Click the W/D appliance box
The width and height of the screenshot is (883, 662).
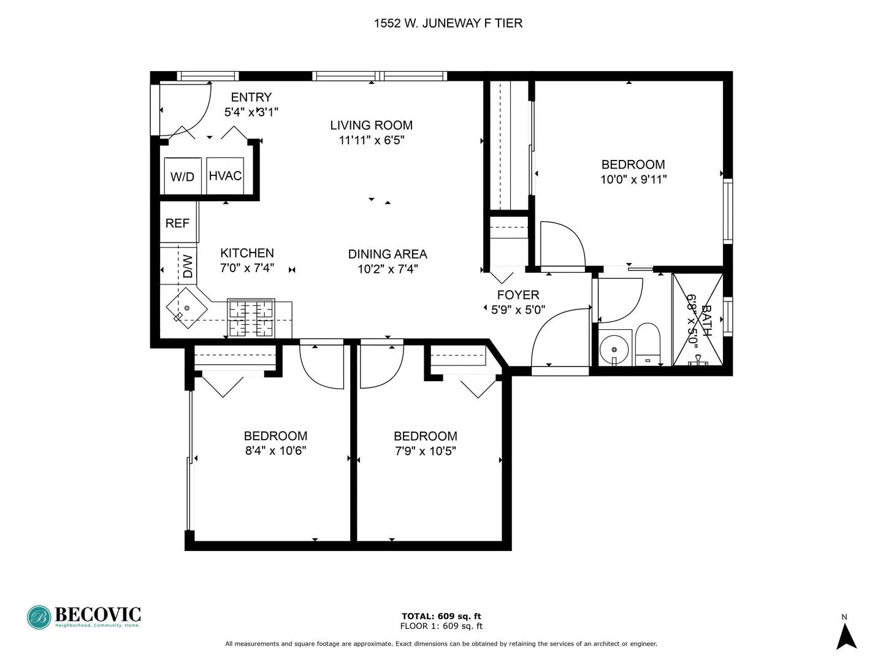(182, 177)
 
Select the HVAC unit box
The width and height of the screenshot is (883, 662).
(225, 176)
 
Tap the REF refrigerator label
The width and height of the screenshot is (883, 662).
(178, 223)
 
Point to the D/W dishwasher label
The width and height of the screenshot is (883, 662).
(188, 266)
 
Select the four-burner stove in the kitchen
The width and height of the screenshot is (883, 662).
(251, 318)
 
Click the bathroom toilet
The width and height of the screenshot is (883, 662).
(646, 344)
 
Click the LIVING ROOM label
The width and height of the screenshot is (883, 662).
(371, 125)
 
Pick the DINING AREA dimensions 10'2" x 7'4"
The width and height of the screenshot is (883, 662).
(388, 268)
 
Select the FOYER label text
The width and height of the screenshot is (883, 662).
(518, 295)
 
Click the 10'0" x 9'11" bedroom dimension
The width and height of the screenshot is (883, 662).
(633, 180)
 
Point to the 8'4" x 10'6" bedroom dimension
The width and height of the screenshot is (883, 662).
(275, 451)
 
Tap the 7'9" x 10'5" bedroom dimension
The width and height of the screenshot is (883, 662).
(425, 451)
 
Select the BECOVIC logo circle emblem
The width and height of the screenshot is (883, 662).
(39, 617)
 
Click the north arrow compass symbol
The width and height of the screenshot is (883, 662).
(846, 636)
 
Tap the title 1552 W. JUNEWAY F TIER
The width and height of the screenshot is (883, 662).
(448, 23)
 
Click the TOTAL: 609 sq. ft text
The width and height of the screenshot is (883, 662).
(441, 616)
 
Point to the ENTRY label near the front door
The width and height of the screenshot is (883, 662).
(251, 97)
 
